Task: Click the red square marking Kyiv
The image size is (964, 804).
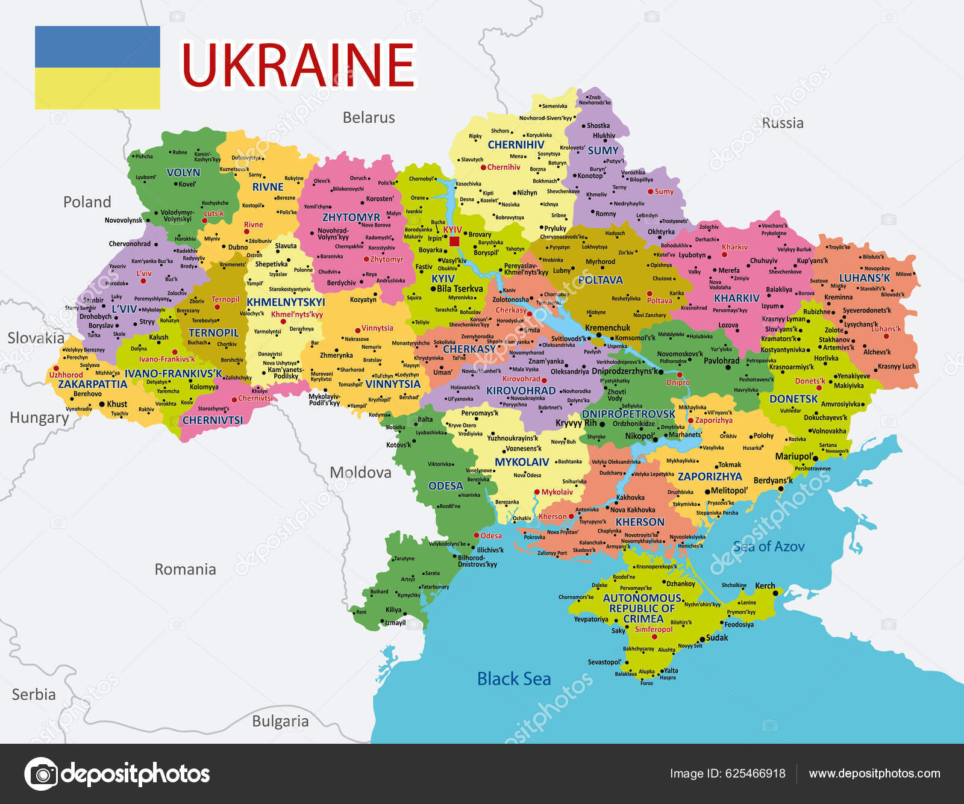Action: click(x=454, y=242)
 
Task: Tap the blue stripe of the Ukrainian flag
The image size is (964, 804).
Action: click(x=98, y=46)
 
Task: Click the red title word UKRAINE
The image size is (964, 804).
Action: click(x=298, y=65)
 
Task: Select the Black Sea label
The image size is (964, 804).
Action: click(x=514, y=679)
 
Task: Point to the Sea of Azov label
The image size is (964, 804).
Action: click(x=769, y=547)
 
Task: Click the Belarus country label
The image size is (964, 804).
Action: click(x=369, y=117)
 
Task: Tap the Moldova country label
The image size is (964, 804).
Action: click(x=360, y=473)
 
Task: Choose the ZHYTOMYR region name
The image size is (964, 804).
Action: click(x=351, y=217)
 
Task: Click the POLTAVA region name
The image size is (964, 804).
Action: click(x=600, y=280)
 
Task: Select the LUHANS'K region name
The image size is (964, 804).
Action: click(x=865, y=278)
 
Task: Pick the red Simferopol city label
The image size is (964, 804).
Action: click(x=654, y=629)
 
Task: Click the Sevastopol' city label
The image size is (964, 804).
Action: click(x=604, y=662)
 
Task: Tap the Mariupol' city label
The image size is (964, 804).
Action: click(x=795, y=457)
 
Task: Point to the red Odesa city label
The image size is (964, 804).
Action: click(x=491, y=536)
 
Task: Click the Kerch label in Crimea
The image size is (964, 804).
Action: click(x=765, y=586)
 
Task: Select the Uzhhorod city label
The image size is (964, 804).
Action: click(x=66, y=375)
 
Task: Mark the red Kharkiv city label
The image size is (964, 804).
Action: click(x=734, y=247)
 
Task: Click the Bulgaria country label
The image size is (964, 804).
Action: click(x=280, y=721)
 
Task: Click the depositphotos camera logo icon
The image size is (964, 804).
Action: click(x=42, y=774)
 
